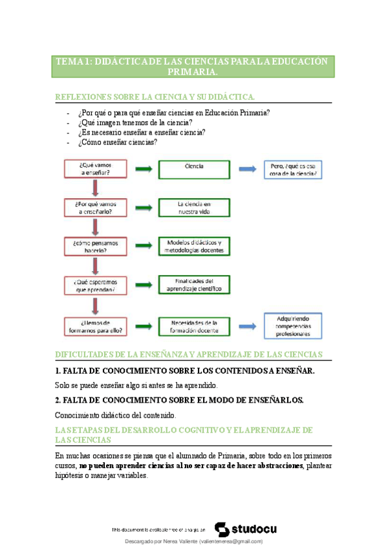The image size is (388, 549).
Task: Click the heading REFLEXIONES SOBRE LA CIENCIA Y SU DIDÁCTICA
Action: (155, 97)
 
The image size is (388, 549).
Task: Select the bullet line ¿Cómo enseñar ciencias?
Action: (117, 142)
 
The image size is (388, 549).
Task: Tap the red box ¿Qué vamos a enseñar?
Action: (95, 169)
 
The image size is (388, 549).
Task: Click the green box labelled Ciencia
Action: (195, 169)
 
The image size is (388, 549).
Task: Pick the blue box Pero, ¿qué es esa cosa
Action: (293, 170)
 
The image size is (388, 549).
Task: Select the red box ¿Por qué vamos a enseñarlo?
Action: (95, 207)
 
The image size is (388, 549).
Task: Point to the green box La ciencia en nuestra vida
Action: (195, 207)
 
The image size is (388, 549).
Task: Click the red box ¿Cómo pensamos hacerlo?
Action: (95, 246)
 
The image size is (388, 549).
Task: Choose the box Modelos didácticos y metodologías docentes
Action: (195, 246)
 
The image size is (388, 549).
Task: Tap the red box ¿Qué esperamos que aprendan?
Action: (95, 285)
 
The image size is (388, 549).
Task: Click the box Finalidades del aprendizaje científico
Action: (195, 285)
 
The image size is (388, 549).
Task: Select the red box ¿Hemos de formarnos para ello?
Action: (95, 325)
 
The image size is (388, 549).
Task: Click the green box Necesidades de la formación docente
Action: (195, 325)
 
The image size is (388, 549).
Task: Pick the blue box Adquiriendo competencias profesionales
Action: (293, 325)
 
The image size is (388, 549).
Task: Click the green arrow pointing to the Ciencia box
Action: (144, 169)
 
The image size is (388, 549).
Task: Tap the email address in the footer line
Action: (231, 541)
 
